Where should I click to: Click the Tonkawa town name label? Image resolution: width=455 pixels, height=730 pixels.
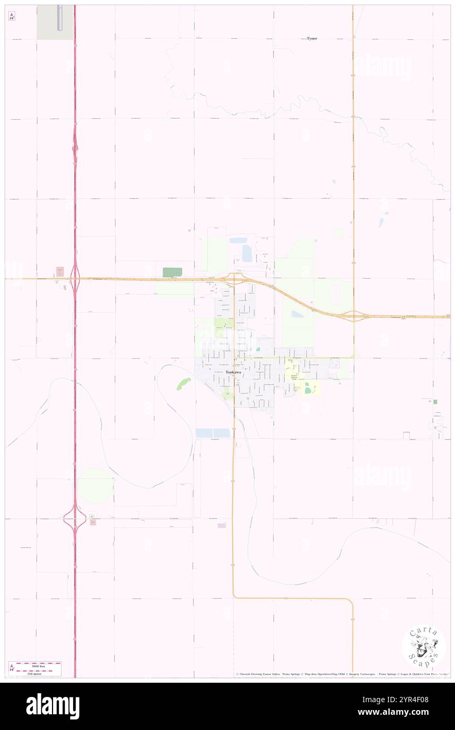(x=233, y=372)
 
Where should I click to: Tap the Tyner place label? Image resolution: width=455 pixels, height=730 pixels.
(x=312, y=38)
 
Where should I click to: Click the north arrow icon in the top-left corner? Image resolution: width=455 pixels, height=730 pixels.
(x=12, y=16)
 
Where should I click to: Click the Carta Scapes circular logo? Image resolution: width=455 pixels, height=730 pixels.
(x=423, y=646)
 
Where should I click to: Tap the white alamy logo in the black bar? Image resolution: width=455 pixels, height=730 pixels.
(x=53, y=706)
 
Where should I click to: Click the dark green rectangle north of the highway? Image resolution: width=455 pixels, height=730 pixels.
(x=172, y=272)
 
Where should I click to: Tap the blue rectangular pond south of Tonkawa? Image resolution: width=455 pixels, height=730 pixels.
(x=213, y=433)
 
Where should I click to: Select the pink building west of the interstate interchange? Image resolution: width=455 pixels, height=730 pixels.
(x=60, y=272)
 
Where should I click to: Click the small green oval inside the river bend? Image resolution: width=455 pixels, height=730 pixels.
(x=183, y=383)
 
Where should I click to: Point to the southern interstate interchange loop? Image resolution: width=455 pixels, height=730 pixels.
(x=75, y=518)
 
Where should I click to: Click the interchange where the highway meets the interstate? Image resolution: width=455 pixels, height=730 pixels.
(x=75, y=278)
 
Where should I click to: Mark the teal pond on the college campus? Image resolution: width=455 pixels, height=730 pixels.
(x=307, y=390)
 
